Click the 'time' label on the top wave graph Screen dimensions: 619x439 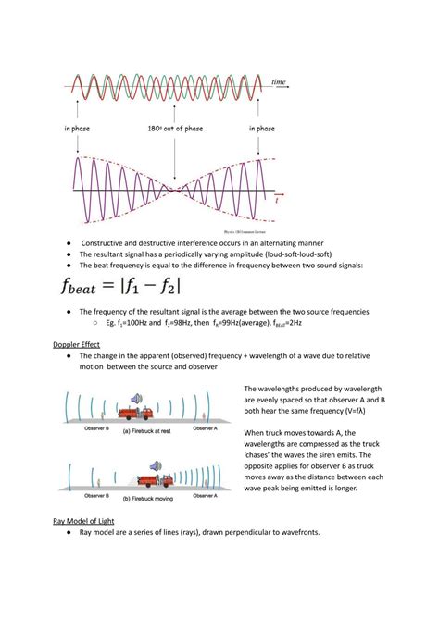pyautogui.click(x=278, y=82)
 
